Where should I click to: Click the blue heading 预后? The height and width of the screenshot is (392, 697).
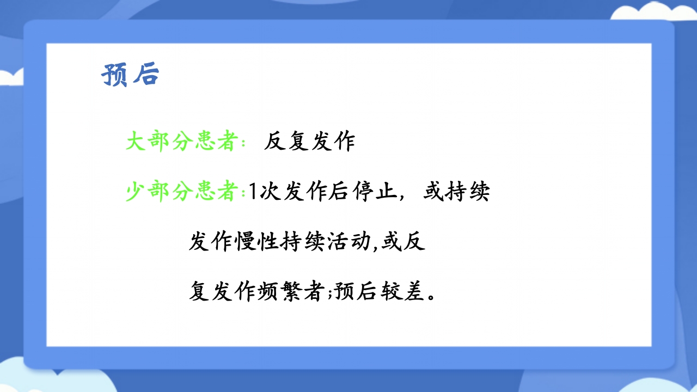click(130, 75)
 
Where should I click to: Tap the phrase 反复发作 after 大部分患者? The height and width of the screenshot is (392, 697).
click(309, 142)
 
